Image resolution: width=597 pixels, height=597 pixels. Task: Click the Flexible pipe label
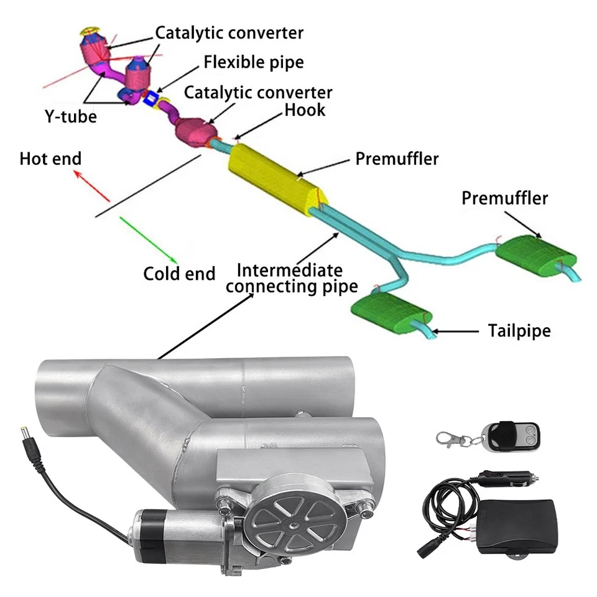tap(253, 63)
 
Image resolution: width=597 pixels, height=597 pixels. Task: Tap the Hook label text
tap(305, 110)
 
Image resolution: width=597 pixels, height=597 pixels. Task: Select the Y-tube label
tap(70, 115)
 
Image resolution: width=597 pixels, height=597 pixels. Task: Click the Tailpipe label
tap(519, 330)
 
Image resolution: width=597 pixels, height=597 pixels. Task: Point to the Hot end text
tap(50, 159)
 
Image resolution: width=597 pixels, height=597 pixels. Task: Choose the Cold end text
tap(179, 273)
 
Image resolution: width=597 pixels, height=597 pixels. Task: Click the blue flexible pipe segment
tap(150, 98)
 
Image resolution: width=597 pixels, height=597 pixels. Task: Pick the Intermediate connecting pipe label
tap(291, 278)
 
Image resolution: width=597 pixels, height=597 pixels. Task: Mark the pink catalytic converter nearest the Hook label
tap(195, 129)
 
